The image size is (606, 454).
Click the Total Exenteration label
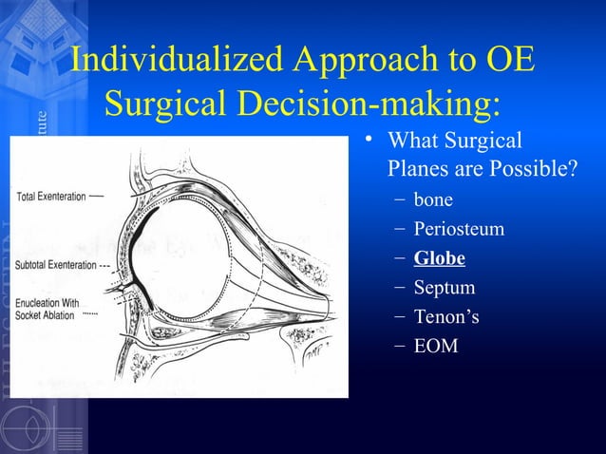(x=51, y=197)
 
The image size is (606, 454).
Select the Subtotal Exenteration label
(x=56, y=265)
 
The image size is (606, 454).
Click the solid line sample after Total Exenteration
(x=98, y=197)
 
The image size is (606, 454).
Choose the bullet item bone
(x=432, y=200)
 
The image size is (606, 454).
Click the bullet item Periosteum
(x=458, y=229)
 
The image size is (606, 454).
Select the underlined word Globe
(x=439, y=258)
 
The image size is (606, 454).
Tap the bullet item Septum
(x=444, y=287)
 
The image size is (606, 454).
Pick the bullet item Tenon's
(x=445, y=316)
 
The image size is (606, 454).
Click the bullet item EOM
(x=435, y=346)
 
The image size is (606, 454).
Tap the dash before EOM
(x=397, y=346)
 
